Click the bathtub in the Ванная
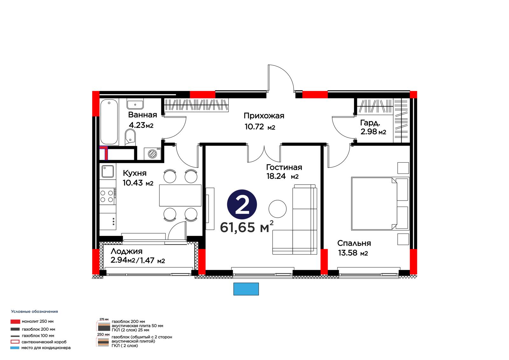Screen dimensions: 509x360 pyautogui.click(x=109, y=122)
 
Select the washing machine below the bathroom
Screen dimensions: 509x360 pyautogui.click(x=152, y=154)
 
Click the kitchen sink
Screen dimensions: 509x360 pyautogui.click(x=108, y=171)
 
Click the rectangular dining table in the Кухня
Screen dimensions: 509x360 pyautogui.click(x=180, y=195)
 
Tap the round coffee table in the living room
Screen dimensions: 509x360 pyautogui.click(x=277, y=209)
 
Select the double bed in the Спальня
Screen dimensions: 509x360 pyautogui.click(x=380, y=203)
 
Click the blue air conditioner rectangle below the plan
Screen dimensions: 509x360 pyautogui.click(x=246, y=289)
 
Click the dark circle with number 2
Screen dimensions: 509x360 pyautogui.click(x=242, y=204)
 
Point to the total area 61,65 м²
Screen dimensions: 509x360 pyautogui.click(x=247, y=227)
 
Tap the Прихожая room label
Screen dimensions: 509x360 pyautogui.click(x=264, y=116)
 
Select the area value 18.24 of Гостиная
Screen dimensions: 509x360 pyautogui.click(x=276, y=176)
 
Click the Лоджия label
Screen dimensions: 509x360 pyautogui.click(x=127, y=251)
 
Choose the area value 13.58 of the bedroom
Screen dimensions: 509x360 pyautogui.click(x=348, y=253)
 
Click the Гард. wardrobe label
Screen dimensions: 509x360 pyautogui.click(x=370, y=123)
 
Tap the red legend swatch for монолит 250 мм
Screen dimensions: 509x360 pyautogui.click(x=15, y=321)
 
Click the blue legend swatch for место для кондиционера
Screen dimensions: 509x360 pyautogui.click(x=15, y=348)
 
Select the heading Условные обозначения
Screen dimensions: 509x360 pyautogui.click(x=35, y=312)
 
